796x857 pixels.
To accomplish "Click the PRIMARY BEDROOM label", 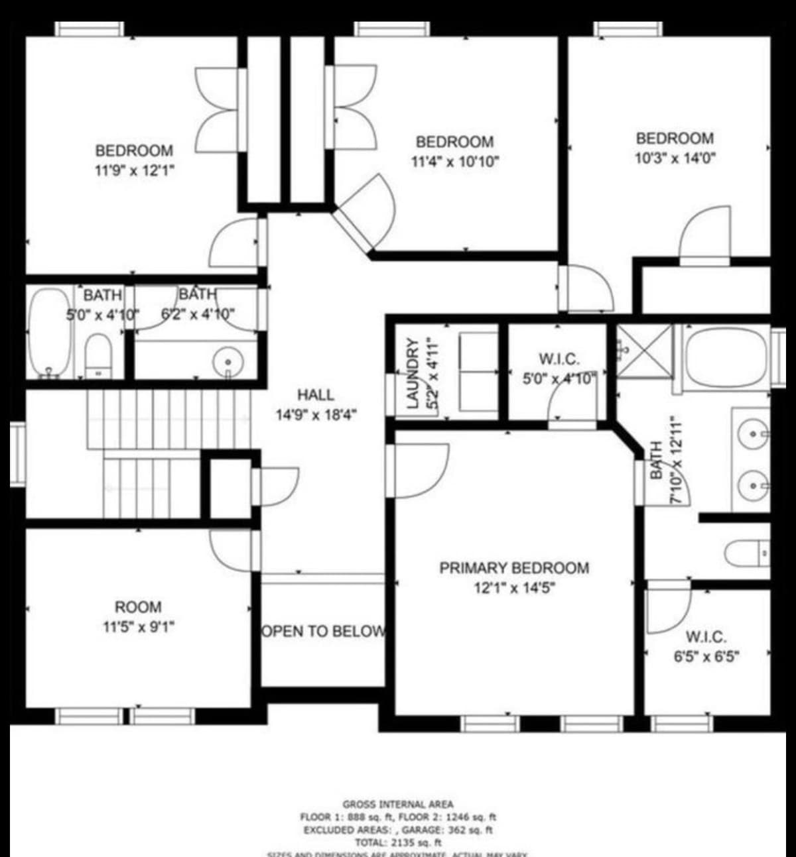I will (x=513, y=568).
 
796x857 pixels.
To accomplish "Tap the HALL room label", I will (x=316, y=396).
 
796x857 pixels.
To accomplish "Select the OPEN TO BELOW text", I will (x=323, y=631).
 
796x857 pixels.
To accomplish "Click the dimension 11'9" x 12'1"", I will (x=135, y=170).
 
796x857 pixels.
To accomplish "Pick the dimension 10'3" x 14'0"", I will (x=675, y=158).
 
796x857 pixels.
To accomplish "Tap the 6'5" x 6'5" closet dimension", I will (x=706, y=657).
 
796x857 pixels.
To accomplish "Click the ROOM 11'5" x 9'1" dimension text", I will (x=138, y=626).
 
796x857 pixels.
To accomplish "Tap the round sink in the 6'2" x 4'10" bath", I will (x=228, y=363).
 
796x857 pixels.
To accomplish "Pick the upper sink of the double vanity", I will (x=753, y=434).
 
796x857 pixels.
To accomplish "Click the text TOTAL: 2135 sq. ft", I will (x=398, y=842).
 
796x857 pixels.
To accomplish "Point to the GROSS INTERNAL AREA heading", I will (x=398, y=804).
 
